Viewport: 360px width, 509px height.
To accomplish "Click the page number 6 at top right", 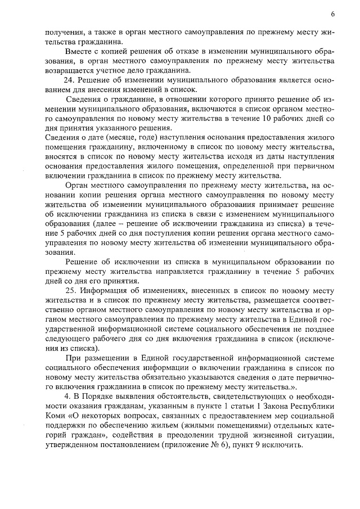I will (x=332, y=13).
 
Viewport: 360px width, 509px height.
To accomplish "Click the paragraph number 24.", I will (x=67, y=79).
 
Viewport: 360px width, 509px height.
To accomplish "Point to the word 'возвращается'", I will (x=67, y=70).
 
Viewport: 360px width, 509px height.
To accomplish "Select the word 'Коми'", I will (x=55, y=416).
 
